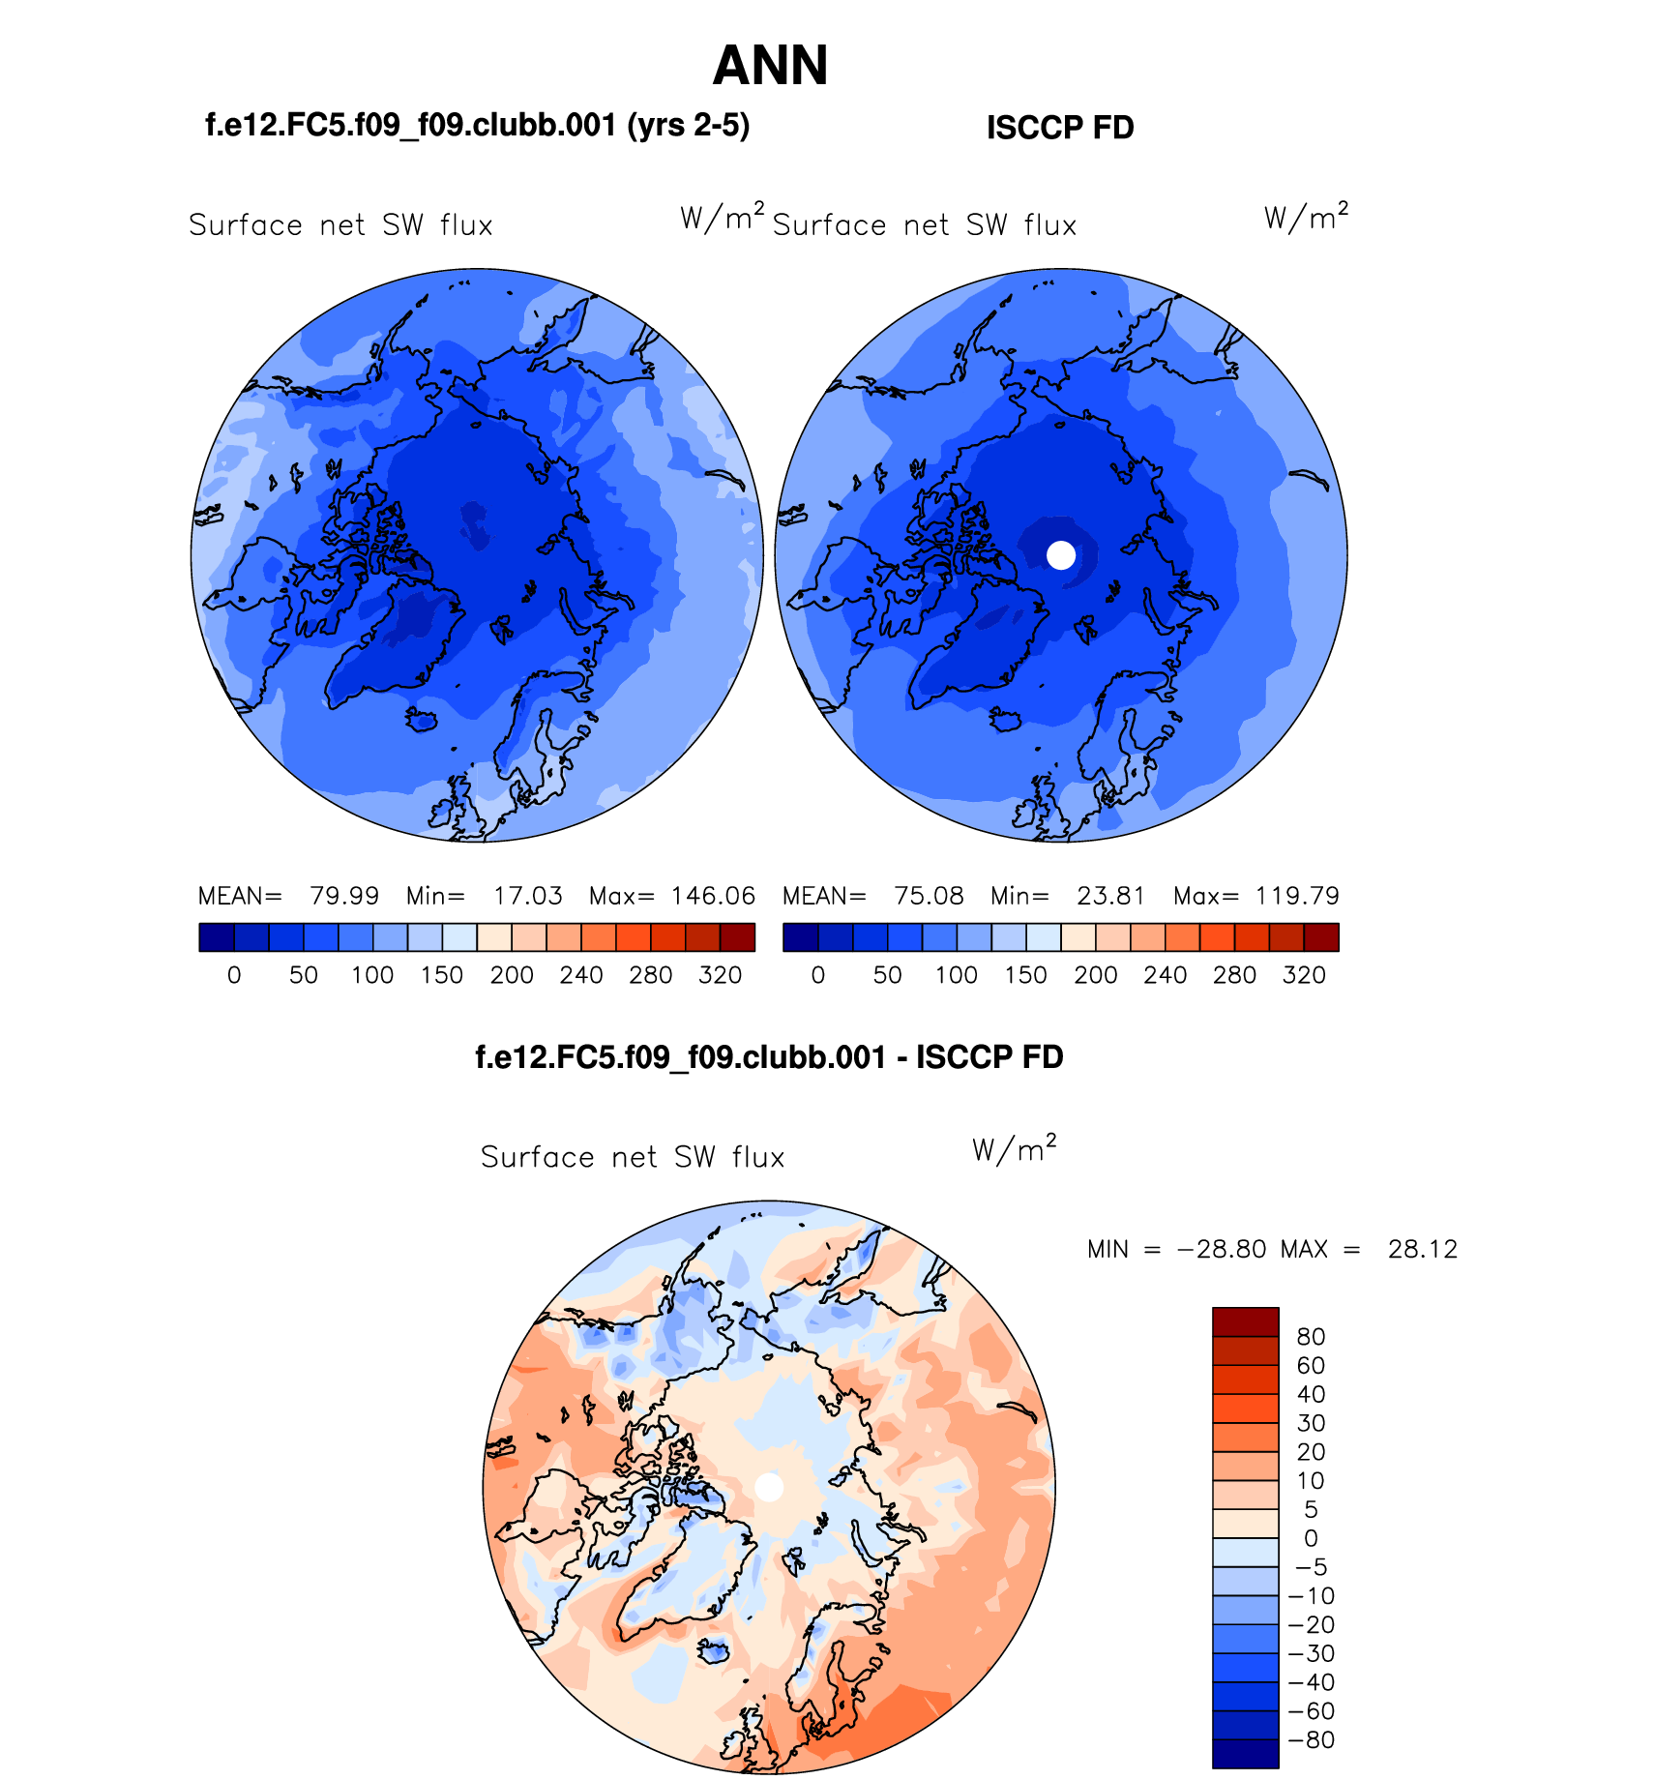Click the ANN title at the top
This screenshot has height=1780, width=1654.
770,66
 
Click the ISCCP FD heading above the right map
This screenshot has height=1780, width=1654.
1060,128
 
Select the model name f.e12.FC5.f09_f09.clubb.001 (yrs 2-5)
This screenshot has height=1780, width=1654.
477,126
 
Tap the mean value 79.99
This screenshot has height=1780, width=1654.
344,896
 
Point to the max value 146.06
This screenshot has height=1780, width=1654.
713,896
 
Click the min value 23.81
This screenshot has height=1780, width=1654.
1110,896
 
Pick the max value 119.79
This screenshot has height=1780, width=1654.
1297,896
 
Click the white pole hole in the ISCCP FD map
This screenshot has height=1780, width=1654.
1061,555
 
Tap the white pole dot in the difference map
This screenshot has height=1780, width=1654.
769,1487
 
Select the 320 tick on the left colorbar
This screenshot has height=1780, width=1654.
720,975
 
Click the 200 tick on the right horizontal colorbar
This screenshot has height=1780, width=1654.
1095,975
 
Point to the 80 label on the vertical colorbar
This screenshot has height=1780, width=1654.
1311,1337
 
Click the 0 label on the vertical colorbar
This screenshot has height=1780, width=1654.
1311,1538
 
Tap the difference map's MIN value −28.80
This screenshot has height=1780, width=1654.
1221,1249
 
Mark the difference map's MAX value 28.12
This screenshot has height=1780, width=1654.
1422,1249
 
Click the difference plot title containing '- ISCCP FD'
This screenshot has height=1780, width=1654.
769,1057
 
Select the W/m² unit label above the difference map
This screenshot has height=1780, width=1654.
1014,1148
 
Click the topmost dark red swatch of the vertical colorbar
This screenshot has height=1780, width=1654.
1245,1321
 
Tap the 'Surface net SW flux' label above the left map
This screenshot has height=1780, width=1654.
340,225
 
